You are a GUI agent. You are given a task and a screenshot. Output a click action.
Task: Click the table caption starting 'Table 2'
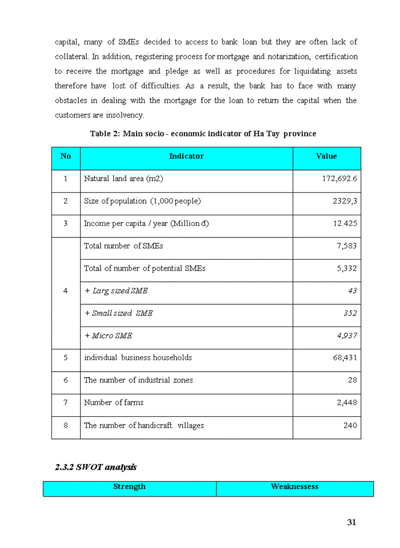pos(203,134)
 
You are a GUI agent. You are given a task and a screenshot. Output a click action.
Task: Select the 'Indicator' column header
pos(186,156)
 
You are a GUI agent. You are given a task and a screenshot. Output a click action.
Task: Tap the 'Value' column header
pos(326,156)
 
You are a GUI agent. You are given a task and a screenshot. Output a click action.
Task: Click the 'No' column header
pos(66,156)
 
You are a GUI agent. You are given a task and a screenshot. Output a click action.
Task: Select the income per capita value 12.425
pos(345,223)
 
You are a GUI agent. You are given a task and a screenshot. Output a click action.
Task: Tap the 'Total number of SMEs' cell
pos(123,246)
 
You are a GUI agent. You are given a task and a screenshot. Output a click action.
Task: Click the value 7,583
pos(347,246)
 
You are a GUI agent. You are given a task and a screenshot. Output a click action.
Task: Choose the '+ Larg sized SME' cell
pos(116,291)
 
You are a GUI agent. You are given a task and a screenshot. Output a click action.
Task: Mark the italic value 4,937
pos(347,336)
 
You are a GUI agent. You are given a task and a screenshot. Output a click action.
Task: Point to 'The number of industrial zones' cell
pos(138,380)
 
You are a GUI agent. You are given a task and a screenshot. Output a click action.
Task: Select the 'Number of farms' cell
pos(114,402)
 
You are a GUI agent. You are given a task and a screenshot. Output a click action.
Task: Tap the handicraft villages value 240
pos(350,425)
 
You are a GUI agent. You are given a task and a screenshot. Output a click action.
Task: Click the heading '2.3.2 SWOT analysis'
pos(95,467)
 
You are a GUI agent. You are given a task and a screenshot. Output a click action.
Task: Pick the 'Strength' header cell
pos(130,487)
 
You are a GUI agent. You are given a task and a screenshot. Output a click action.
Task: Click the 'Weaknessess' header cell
pos(294,487)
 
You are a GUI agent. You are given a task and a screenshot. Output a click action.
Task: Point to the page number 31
pos(351,522)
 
